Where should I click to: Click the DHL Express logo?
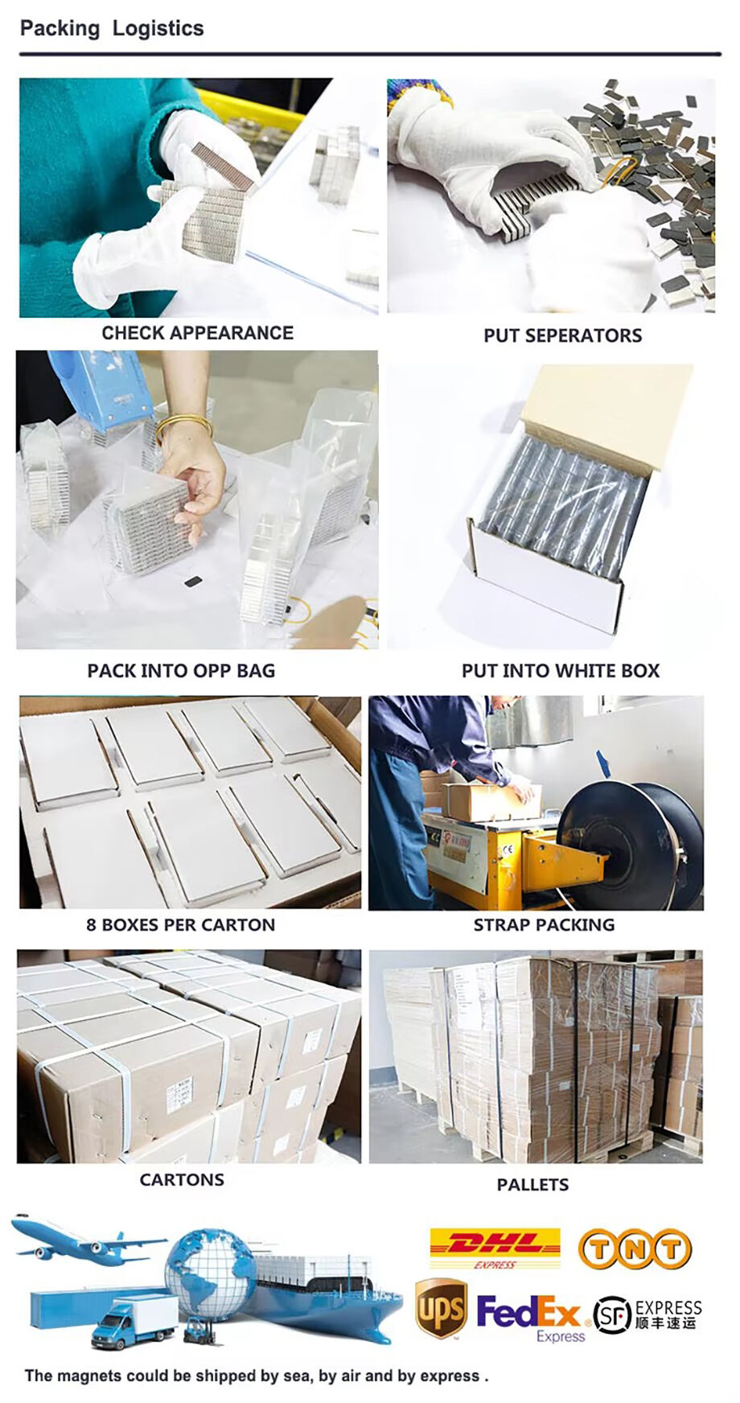tap(495, 1249)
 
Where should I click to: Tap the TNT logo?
tap(635, 1249)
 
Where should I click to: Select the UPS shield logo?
tap(441, 1309)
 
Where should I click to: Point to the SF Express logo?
tap(647, 1314)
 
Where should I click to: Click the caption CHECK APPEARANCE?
tap(197, 333)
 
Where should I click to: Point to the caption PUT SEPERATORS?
tap(562, 335)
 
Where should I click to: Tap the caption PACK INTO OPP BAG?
tap(181, 671)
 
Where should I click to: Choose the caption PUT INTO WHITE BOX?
tap(560, 671)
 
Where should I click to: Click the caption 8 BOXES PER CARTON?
tap(180, 925)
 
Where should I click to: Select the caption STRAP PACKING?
tap(544, 925)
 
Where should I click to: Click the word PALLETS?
tap(532, 1184)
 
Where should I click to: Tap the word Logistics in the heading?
tap(158, 29)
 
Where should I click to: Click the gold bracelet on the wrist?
tap(183, 426)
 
